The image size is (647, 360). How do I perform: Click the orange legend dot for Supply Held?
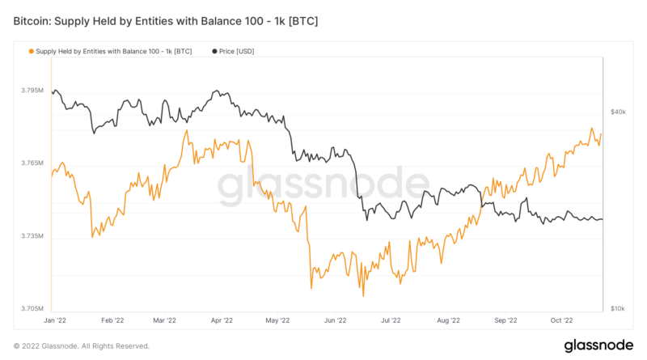click(32, 51)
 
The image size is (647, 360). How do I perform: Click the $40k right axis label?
click(618, 112)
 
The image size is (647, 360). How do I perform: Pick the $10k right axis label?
click(618, 309)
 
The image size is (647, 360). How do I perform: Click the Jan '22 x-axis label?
click(53, 320)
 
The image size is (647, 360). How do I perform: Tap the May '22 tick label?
click(277, 320)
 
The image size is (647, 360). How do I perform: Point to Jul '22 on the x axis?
click(391, 320)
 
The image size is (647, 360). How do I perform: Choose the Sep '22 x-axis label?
click(505, 320)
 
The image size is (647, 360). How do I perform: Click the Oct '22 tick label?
click(561, 320)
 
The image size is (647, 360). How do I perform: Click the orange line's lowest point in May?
click(311, 288)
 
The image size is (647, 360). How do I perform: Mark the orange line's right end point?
click(602, 134)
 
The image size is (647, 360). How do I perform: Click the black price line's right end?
click(602, 219)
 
